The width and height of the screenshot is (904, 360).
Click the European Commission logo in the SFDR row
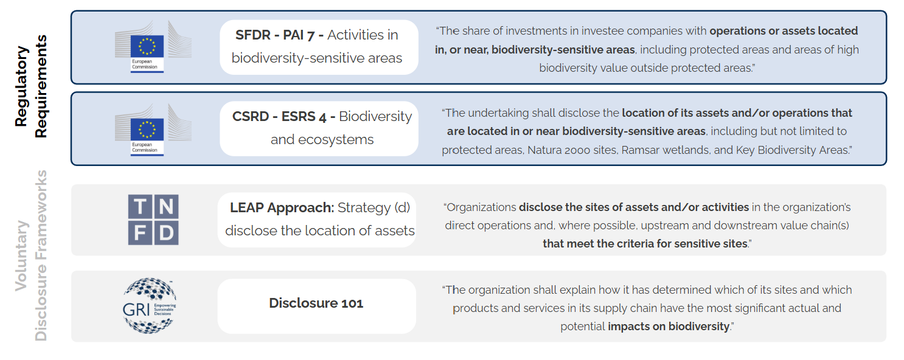point(153,46)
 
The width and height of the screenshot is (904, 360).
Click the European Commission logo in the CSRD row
point(153,130)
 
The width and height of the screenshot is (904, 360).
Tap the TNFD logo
point(153,220)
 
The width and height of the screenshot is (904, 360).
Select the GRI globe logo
point(149,305)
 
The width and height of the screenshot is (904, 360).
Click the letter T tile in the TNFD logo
point(140,207)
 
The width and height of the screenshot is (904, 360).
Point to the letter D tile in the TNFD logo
point(166,233)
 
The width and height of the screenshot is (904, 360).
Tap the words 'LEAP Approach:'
point(282,207)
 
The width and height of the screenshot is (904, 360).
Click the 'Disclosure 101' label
point(316,303)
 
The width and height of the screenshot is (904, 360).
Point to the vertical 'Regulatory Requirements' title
point(31,86)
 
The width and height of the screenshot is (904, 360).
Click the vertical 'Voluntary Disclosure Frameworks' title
point(31,255)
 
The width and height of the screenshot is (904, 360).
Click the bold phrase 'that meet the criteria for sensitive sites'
point(645,244)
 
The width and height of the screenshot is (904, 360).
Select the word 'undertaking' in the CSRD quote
point(498,113)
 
